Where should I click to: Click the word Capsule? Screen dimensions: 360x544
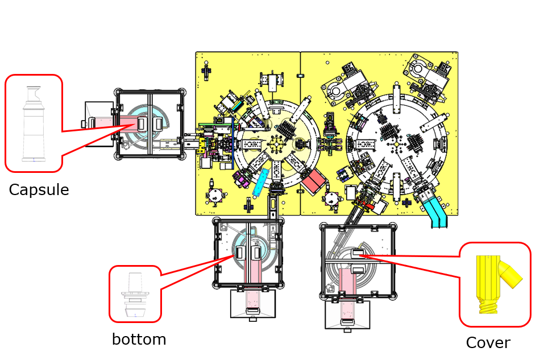pos(39,190)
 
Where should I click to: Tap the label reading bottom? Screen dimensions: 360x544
pos(139,340)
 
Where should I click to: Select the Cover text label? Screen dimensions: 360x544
pos(488,343)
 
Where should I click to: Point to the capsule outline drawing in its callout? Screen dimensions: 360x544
pos(34,123)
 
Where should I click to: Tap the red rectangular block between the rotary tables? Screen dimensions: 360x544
pos(314,181)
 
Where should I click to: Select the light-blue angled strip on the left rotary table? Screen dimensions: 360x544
pos(262,182)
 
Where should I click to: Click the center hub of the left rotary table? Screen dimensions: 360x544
pos(276,144)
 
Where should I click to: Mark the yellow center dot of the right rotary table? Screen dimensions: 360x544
pos(396,144)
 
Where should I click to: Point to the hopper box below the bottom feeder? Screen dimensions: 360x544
pos(252,304)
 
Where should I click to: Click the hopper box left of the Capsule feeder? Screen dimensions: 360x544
pos(98,123)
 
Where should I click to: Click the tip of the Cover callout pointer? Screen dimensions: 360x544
pos(360,255)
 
